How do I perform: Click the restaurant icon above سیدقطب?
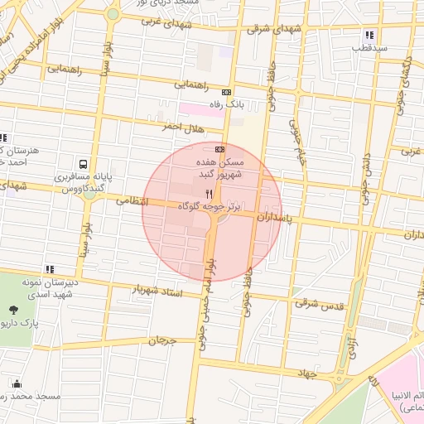point(369,35)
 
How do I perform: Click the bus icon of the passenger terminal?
point(83,164)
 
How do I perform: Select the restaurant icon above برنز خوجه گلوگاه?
point(196,192)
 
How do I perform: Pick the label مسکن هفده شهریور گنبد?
point(219,168)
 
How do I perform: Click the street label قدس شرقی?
point(318,303)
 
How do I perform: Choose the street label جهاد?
point(308,373)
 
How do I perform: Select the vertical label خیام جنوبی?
point(296,143)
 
